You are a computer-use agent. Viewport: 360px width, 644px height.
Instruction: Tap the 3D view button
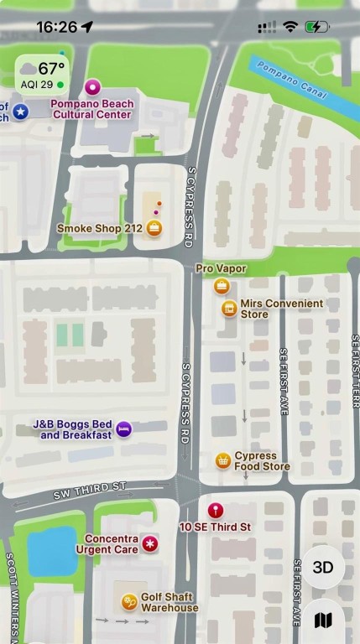coord(323,567)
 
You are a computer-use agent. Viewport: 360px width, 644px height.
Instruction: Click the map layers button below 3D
coord(323,621)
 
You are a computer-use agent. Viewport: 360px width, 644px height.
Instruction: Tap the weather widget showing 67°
coord(43,74)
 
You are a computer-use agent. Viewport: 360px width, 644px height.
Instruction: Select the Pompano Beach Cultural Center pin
coord(92,86)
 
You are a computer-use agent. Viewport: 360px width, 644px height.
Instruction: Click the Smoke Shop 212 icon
coord(154,227)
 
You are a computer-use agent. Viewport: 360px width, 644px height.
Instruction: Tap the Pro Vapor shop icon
coord(222,287)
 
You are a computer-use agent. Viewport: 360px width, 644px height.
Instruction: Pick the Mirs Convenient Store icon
coord(228,309)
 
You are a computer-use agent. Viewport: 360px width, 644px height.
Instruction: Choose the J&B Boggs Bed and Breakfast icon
coord(123,429)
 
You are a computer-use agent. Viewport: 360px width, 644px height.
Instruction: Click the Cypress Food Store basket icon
coord(222,460)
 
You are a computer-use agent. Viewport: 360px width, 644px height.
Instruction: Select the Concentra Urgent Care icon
coord(150,544)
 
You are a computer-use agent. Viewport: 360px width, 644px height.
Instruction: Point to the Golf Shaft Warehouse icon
coord(128,600)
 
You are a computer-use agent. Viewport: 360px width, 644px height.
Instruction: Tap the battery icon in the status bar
coord(317,27)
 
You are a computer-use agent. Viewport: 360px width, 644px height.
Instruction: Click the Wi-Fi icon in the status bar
coord(290,27)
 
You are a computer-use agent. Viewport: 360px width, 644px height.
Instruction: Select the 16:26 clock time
coord(56,27)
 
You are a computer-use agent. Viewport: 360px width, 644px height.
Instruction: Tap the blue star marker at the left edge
coord(20,111)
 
